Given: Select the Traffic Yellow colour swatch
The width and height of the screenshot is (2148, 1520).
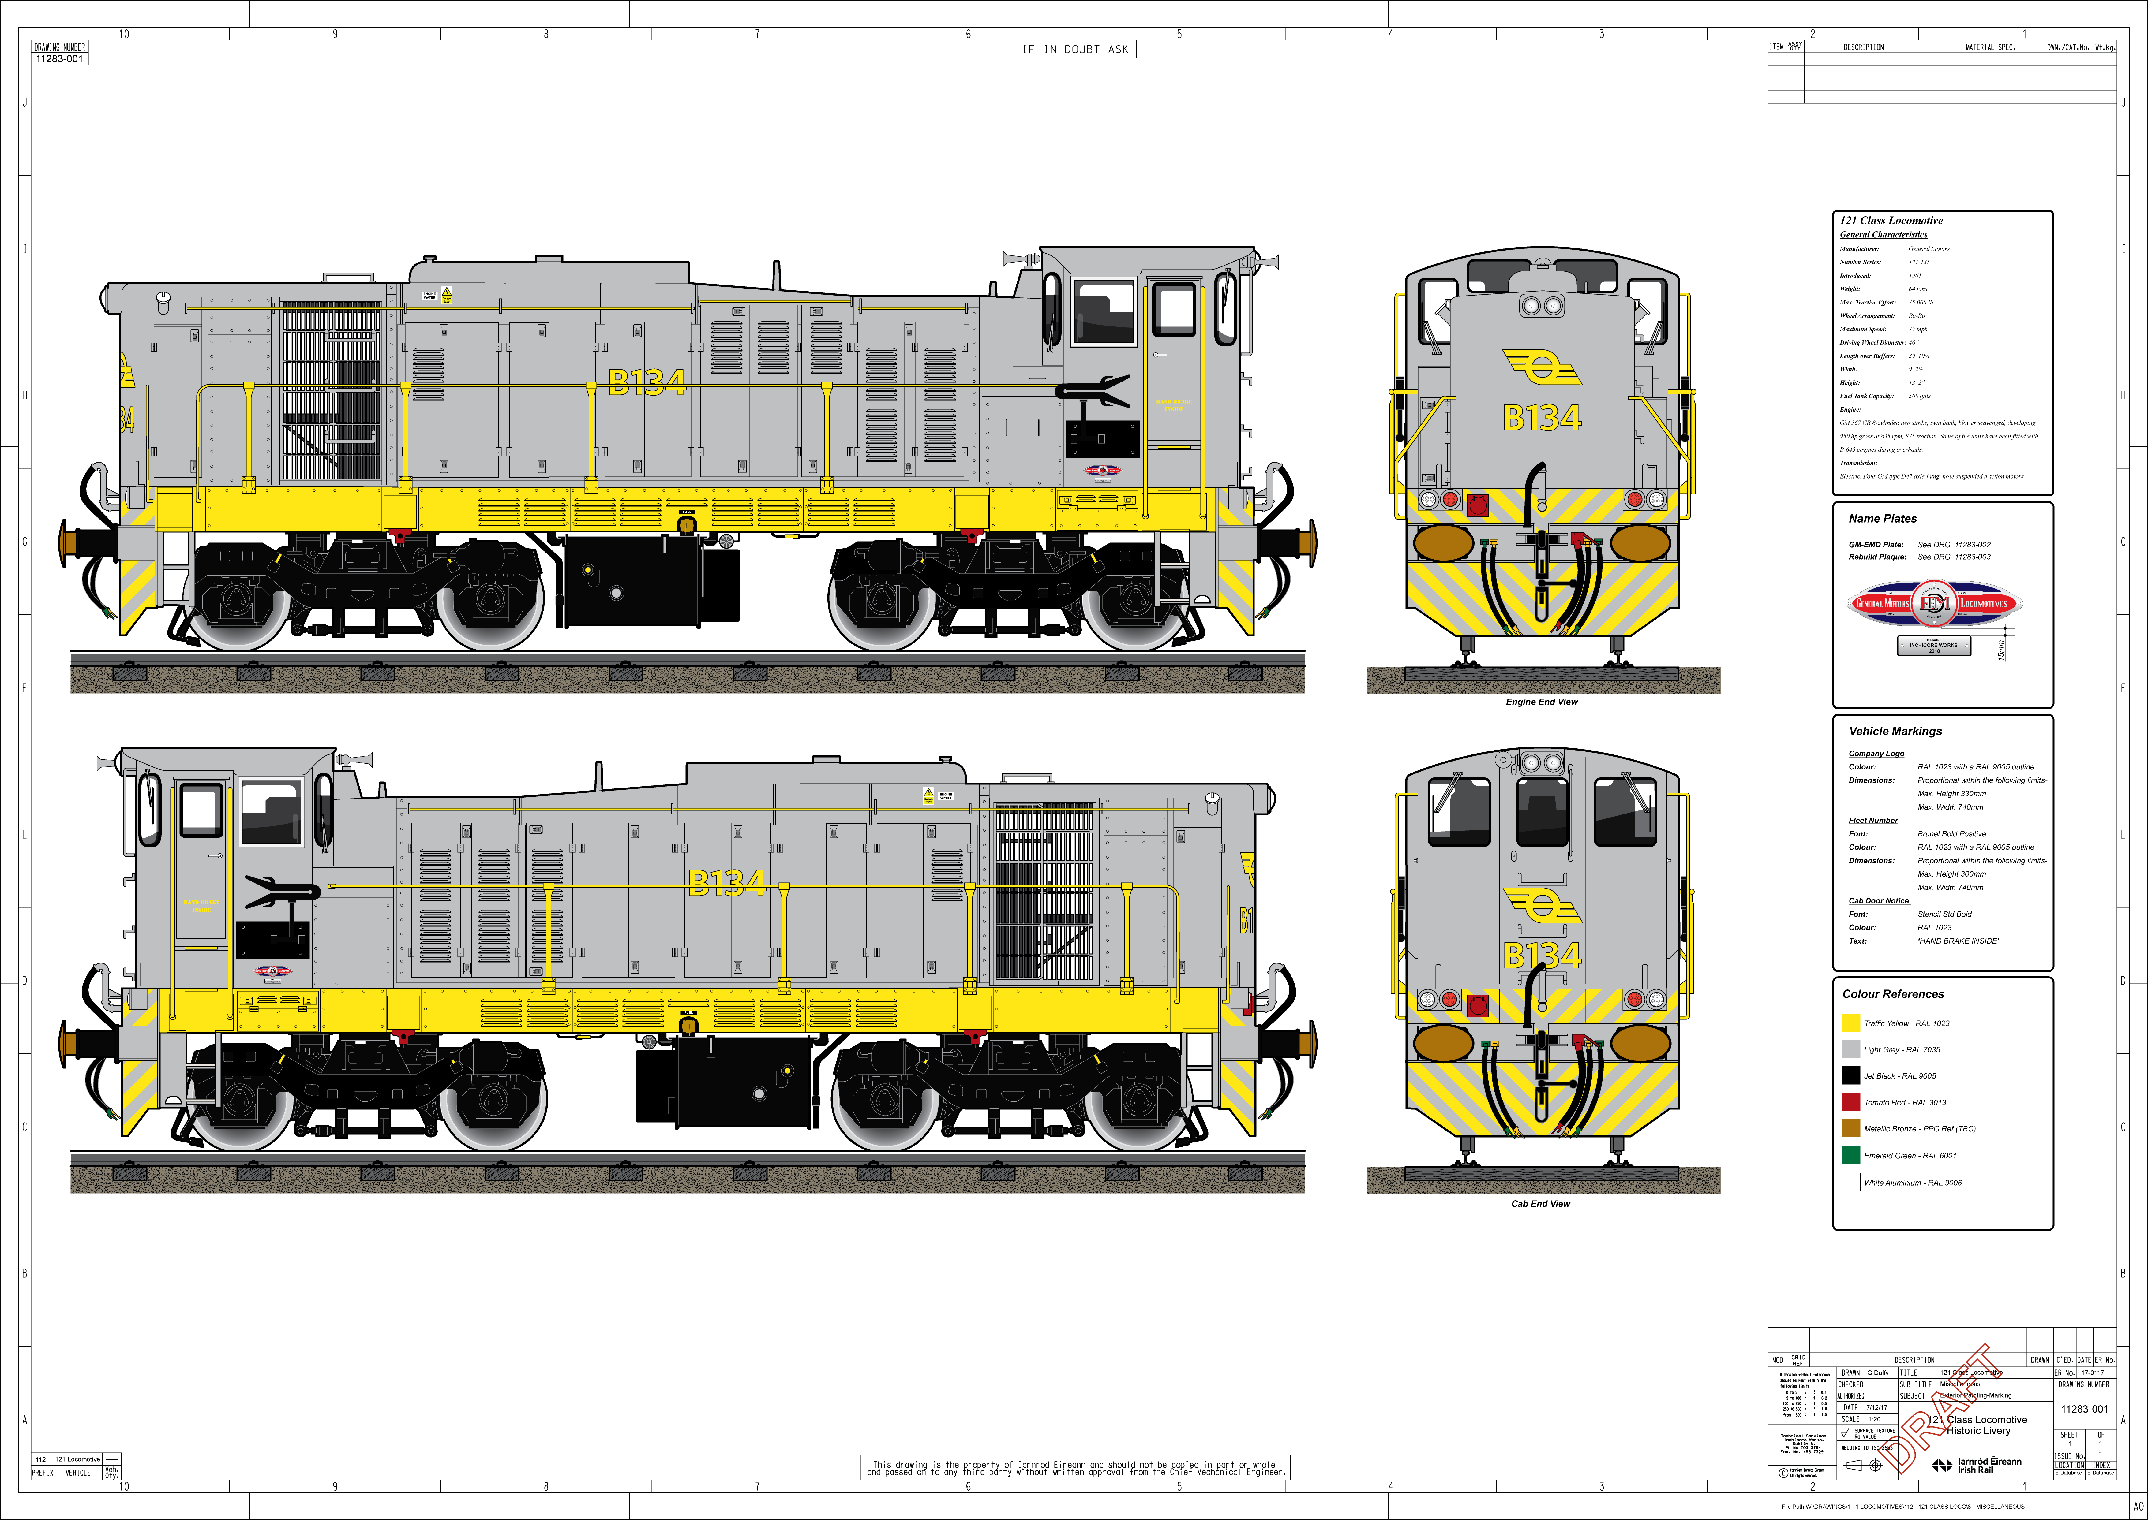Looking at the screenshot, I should click(x=1850, y=1023).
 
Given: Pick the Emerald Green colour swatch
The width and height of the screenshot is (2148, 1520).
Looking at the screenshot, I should click(x=1850, y=1155).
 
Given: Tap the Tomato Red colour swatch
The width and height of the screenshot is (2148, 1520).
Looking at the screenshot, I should click(x=1850, y=1102).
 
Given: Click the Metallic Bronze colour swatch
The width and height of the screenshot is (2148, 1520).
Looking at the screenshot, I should click(x=1850, y=1129).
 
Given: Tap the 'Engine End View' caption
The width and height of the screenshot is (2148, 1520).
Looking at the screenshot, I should click(x=1541, y=702).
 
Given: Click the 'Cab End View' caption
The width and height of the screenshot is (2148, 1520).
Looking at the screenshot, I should click(x=1540, y=1204).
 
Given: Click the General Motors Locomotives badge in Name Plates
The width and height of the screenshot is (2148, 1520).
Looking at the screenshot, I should click(x=1934, y=604).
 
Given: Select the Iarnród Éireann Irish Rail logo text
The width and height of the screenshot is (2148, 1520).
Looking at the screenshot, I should click(x=1989, y=1466).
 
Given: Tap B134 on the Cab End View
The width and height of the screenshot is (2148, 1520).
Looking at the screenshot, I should click(x=1542, y=956).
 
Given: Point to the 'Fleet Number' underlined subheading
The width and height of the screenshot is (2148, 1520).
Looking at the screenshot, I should click(x=1873, y=821).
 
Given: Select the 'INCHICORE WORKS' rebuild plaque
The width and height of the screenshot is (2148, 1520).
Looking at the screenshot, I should click(x=1934, y=646).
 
